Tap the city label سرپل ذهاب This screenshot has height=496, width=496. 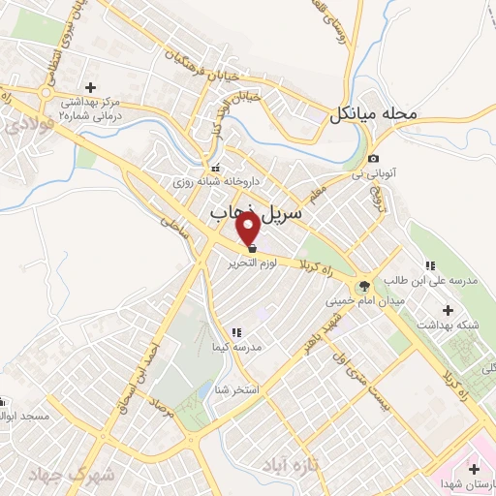(x=257, y=210)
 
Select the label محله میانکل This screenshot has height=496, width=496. (x=372, y=114)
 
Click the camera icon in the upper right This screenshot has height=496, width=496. (x=373, y=159)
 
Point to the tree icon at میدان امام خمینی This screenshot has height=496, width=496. (x=363, y=286)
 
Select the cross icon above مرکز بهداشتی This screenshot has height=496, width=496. (x=89, y=87)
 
